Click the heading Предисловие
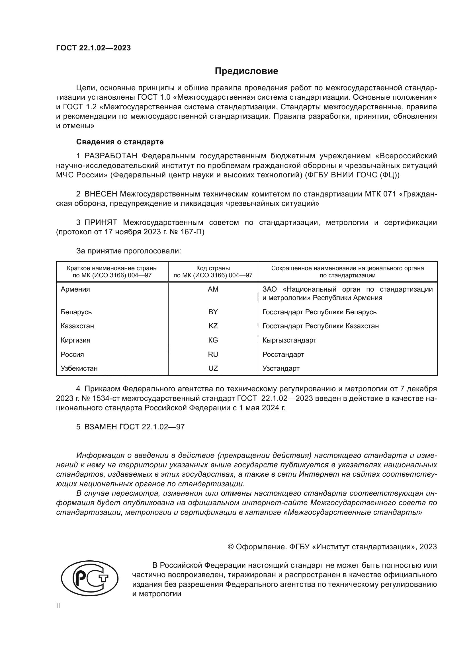click(x=246, y=71)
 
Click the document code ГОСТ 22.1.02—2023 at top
click(x=93, y=48)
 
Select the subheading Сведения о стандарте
click(x=120, y=142)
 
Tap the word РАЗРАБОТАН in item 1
click(x=111, y=156)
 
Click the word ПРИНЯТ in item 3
click(x=101, y=222)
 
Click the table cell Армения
click(x=75, y=289)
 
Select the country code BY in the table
click(x=213, y=312)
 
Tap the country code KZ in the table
click(x=213, y=326)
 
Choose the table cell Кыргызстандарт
click(x=289, y=340)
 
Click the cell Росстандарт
click(x=283, y=354)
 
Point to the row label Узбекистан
click(x=79, y=368)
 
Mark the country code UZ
click(x=213, y=368)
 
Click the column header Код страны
click(x=213, y=268)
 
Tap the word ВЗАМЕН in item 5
click(x=101, y=427)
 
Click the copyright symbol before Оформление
click(x=231, y=547)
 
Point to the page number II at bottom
click(x=58, y=606)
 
